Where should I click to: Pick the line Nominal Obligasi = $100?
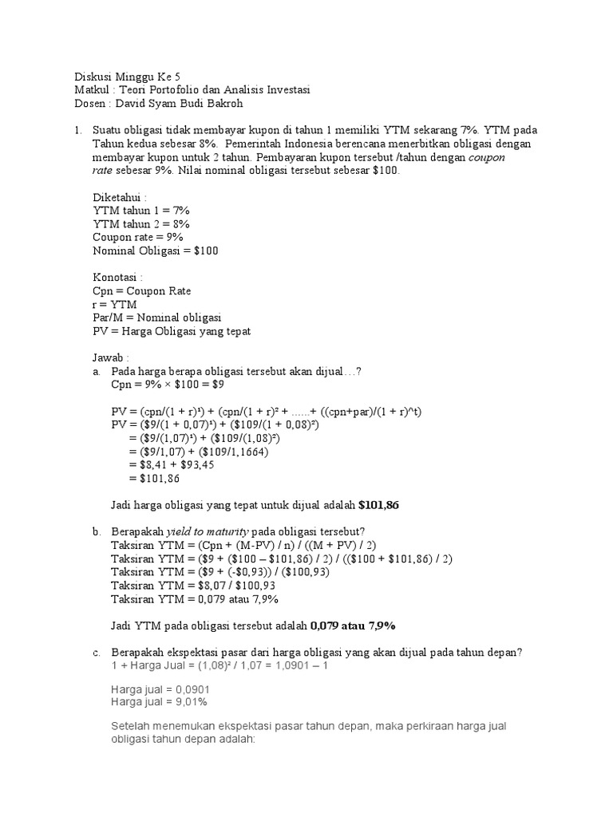pos(155,251)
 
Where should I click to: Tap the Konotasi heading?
pos(117,278)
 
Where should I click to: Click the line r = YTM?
pos(115,305)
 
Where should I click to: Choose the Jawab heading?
pos(110,358)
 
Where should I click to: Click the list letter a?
pos(96,372)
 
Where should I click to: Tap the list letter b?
pos(96,531)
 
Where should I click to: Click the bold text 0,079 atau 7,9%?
pos(354,626)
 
